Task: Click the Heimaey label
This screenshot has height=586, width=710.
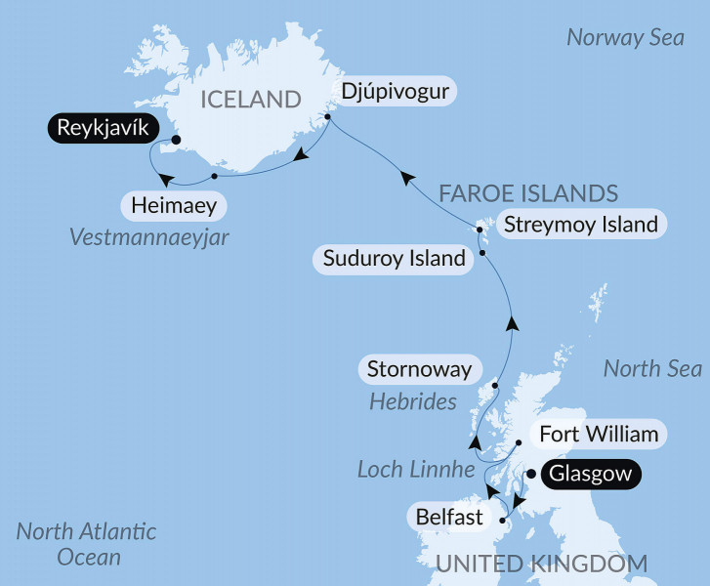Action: (174, 207)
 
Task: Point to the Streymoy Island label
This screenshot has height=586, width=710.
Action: (580, 225)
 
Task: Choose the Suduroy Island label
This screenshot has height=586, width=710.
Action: (394, 259)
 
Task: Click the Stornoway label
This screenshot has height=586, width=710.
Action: (419, 370)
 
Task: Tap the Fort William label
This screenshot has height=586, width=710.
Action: (599, 433)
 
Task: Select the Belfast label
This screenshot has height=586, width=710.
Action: (449, 516)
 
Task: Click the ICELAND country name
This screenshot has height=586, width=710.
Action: (250, 99)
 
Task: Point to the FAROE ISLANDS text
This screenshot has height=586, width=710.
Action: (528, 192)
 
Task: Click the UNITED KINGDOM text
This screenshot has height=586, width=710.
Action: (541, 564)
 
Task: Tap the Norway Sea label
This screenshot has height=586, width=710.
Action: (625, 38)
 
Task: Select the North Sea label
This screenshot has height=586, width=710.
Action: (652, 368)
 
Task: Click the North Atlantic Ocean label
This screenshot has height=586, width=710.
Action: (87, 545)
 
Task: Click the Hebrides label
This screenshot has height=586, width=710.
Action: (413, 401)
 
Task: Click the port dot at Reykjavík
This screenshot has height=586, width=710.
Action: (176, 140)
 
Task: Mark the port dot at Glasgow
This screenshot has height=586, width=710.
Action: (531, 474)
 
